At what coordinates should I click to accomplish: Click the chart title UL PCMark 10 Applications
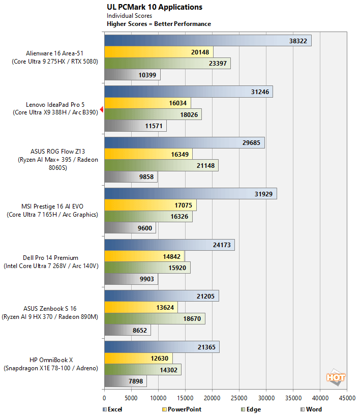pos(154,7)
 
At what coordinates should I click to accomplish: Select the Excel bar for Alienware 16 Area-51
pos(207,41)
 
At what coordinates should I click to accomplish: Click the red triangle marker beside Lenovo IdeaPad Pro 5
pos(102,109)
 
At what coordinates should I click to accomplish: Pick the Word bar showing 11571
pos(135,126)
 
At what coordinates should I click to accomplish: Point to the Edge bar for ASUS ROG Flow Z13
pos(161,165)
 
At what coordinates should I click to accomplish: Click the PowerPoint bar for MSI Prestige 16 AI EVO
pos(150,205)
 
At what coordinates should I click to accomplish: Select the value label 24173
pos(222,245)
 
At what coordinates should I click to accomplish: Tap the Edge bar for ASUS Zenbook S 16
pos(155,319)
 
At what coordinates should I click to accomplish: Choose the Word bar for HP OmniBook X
pos(125,381)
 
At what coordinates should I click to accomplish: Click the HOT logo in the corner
pos(336,377)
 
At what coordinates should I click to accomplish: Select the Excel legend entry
pos(112,409)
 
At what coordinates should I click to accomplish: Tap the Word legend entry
pos(311,409)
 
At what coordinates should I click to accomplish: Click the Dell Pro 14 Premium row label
pos(50,262)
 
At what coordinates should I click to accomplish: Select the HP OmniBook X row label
pos(50,364)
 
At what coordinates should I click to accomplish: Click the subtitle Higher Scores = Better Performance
pos(159,24)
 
